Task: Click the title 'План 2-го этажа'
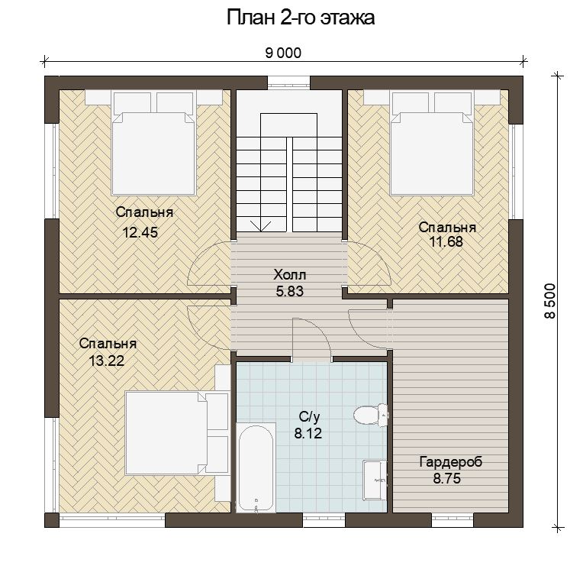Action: pyautogui.click(x=301, y=18)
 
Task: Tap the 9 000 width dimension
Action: pyautogui.click(x=283, y=53)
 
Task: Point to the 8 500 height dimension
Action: pyautogui.click(x=549, y=301)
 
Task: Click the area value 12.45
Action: pyautogui.click(x=140, y=232)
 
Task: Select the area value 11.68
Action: pyautogui.click(x=446, y=241)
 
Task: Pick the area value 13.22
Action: pyautogui.click(x=107, y=361)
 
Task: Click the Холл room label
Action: pyautogui.click(x=290, y=275)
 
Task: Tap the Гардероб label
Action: pyautogui.click(x=451, y=462)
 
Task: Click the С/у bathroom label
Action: pyautogui.click(x=309, y=417)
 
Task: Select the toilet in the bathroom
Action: pyautogui.click(x=371, y=415)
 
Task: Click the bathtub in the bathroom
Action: pyautogui.click(x=256, y=467)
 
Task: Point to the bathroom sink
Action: pyautogui.click(x=375, y=480)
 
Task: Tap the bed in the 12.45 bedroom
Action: pyautogui.click(x=153, y=144)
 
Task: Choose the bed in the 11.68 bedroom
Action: pyautogui.click(x=432, y=144)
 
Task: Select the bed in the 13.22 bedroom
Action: pyautogui.click(x=176, y=432)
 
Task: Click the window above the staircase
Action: pyautogui.click(x=288, y=82)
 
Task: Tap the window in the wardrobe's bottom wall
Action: pyautogui.click(x=452, y=521)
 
